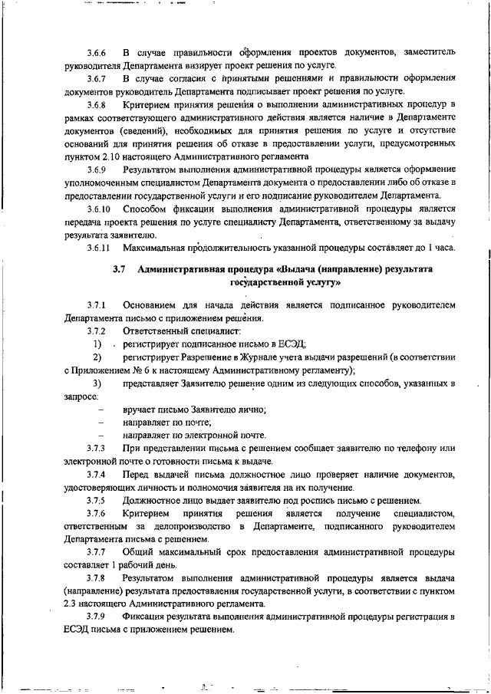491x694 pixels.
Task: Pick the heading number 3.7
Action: (118, 270)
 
